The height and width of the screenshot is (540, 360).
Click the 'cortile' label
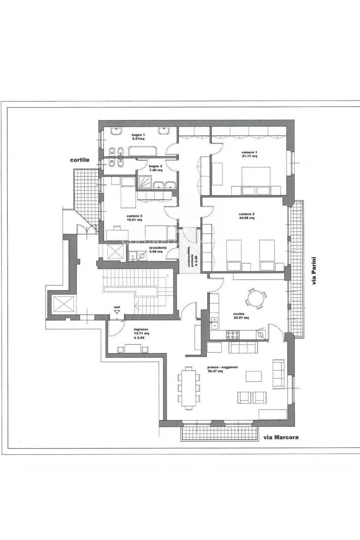pyautogui.click(x=79, y=160)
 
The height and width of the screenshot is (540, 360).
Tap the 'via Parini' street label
pyautogui.click(x=314, y=271)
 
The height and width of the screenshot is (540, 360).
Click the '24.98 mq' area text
pyautogui.click(x=246, y=218)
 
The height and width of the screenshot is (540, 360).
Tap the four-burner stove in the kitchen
pyautogui.click(x=233, y=334)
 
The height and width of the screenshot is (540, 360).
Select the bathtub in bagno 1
pyautogui.click(x=143, y=151)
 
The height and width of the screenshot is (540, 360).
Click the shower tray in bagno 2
pyautogui.click(x=144, y=182)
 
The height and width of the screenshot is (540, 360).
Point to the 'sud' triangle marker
pyautogui.click(x=117, y=312)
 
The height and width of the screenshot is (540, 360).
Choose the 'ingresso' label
pyautogui.click(x=141, y=329)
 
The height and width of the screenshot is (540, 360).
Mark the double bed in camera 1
pyautogui.click(x=256, y=181)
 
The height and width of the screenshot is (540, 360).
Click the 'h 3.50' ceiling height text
pyautogui.click(x=139, y=337)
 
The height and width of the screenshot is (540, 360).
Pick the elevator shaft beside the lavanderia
pyautogui.click(x=115, y=252)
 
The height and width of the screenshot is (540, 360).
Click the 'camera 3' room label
pyautogui.click(x=134, y=216)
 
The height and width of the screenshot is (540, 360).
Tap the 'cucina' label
pyautogui.click(x=239, y=314)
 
